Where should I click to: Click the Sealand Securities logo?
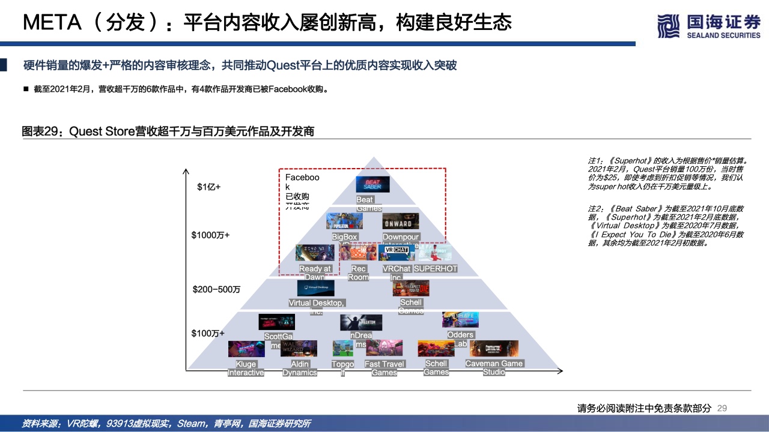pos(709,27)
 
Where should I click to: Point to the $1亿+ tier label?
pos(209,187)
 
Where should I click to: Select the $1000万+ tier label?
pos(210,235)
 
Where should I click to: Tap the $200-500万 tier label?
pos(216,289)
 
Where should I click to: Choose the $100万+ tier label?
pos(208,333)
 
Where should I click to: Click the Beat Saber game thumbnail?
pos(373,184)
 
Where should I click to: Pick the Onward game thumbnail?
pos(401,221)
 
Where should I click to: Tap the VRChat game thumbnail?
pos(397,253)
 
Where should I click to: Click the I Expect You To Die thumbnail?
pos(411,288)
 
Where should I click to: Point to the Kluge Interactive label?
pos(246,368)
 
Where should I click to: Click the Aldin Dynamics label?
pos(300,368)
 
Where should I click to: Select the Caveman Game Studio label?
pos(494,368)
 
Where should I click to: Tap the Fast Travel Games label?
pos(384,368)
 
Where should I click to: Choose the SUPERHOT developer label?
pos(436,269)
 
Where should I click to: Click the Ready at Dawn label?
pos(315,273)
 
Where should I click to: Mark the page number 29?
pos(722,408)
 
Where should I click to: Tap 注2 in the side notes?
pos(595,208)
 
